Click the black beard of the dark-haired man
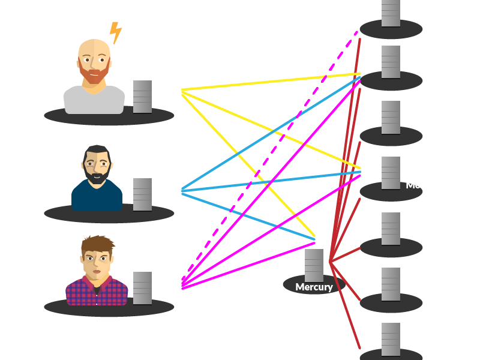(97, 175)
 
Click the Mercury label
(314, 287)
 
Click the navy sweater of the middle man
(97, 197)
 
